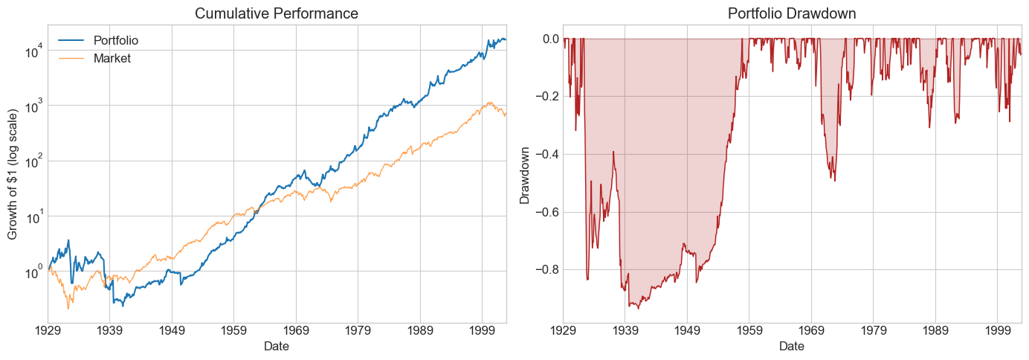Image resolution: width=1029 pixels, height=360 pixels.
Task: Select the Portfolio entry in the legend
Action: tap(115, 40)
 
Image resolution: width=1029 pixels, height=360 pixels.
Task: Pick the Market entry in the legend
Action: tap(112, 58)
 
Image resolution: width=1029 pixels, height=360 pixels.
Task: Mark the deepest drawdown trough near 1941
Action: tap(638, 308)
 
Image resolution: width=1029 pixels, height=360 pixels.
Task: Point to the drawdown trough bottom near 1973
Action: tap(834, 181)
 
